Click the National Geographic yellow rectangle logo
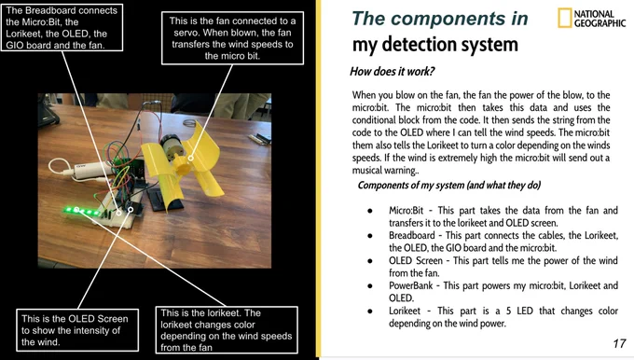[x=564, y=18]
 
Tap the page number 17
[x=619, y=343]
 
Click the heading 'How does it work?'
[x=392, y=72]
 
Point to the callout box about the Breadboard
[x=62, y=27]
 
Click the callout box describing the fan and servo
[x=232, y=38]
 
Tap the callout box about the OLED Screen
[x=77, y=330]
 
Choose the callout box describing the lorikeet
[x=227, y=329]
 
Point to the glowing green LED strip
[x=82, y=211]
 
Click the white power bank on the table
[x=89, y=170]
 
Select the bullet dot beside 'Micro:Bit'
[x=370, y=211]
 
